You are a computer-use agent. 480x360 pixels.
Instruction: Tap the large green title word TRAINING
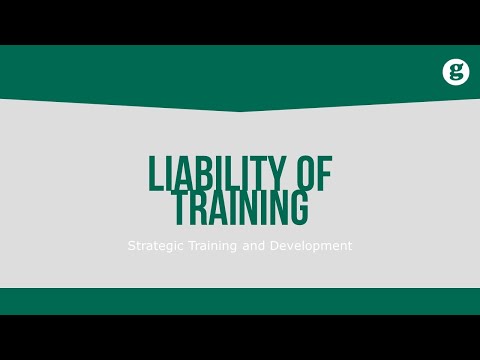240,208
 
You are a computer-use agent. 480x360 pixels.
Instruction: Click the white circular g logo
456,72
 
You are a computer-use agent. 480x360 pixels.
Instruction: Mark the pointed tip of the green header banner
240,110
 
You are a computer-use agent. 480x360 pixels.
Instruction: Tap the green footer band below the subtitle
240,301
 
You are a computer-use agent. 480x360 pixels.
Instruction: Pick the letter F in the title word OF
322,174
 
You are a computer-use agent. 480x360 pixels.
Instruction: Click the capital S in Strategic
131,245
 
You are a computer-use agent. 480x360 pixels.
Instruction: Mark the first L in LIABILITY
155,174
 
